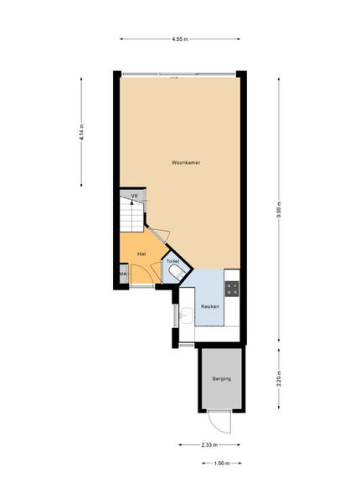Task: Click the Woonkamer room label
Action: tap(186, 162)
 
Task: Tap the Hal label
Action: tap(141, 254)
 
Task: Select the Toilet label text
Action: tap(173, 262)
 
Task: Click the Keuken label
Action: tap(210, 306)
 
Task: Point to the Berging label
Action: tap(222, 379)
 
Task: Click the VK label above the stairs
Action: tap(135, 196)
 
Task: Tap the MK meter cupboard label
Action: tap(123, 274)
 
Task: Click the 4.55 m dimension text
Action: tap(180, 39)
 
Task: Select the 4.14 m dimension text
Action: tap(82, 132)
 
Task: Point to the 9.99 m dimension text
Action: tap(279, 210)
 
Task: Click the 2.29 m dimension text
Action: tap(279, 379)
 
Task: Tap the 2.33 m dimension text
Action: tap(210, 445)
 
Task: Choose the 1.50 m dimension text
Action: tap(222, 463)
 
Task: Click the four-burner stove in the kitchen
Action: tap(232, 289)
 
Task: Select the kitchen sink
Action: tap(187, 315)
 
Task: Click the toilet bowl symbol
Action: tap(177, 273)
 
